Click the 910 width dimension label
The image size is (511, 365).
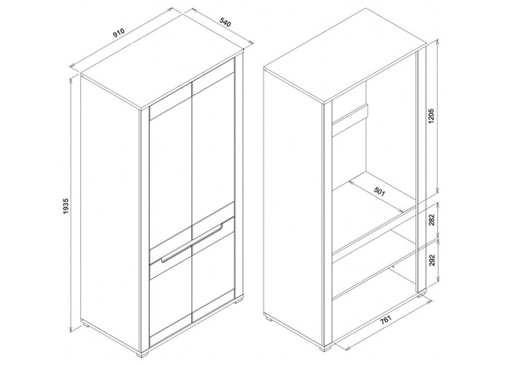coord(119,34)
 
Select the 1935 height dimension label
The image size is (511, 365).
coord(66,206)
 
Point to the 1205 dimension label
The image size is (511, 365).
coord(432,116)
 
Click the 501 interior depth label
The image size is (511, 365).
coord(380,191)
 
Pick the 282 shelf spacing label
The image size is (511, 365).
coord(432,220)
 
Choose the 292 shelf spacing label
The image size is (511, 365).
coord(432,259)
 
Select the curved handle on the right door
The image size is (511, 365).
coord(207,231)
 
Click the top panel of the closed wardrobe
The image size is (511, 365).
coord(162,77)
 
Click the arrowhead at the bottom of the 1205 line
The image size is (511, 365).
coord(438,191)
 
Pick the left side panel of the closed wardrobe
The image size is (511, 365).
coord(111,215)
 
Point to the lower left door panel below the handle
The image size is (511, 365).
coord(170,307)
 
